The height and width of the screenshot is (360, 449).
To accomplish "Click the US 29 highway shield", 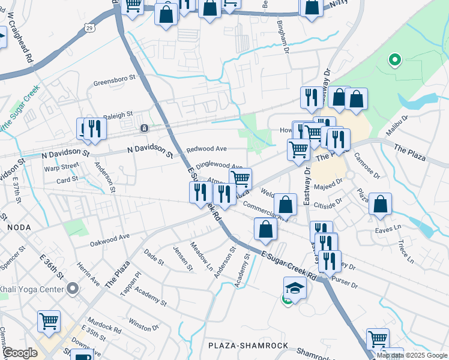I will point(89,28).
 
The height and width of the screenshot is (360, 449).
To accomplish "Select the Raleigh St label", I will point(118,115).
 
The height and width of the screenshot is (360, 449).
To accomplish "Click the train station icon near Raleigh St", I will point(144,128).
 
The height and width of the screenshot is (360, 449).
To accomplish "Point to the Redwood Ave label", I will point(206,149).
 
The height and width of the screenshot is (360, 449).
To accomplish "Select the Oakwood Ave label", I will point(110,240).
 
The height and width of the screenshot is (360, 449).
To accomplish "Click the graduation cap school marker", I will point(295,289).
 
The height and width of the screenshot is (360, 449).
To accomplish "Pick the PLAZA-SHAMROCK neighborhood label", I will point(248,346).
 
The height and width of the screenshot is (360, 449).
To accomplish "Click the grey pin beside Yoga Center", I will point(73,289).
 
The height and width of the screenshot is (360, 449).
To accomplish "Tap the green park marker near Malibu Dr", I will point(394,59).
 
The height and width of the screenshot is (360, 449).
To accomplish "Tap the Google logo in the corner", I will point(20,353).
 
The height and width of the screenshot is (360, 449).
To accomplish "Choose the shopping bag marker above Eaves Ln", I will point(381,204).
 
